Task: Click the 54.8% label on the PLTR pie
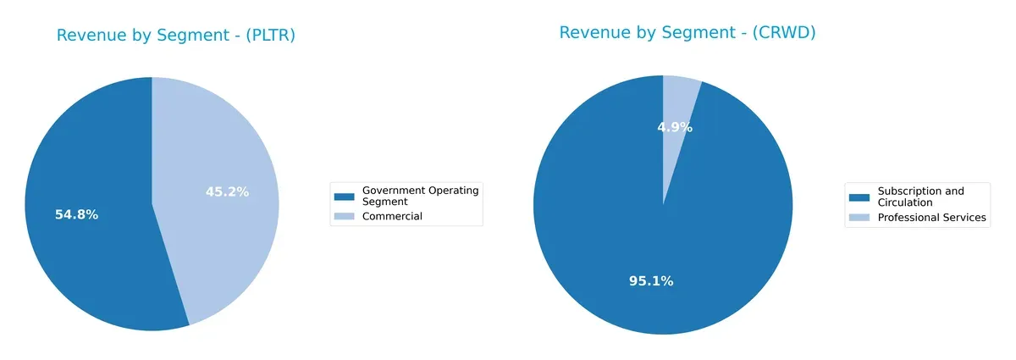(76, 214)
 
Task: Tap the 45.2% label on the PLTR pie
(227, 192)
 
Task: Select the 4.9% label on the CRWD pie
(675, 128)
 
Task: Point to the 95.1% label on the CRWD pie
(651, 281)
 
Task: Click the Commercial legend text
(392, 217)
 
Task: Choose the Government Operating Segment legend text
(420, 196)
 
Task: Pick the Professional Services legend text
(931, 218)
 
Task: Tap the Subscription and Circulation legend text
(920, 197)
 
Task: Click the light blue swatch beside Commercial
(344, 217)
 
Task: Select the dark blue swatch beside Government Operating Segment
(344, 197)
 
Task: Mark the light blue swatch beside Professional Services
(859, 218)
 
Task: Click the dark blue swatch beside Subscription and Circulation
(859, 197)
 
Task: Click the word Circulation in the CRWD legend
(905, 202)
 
